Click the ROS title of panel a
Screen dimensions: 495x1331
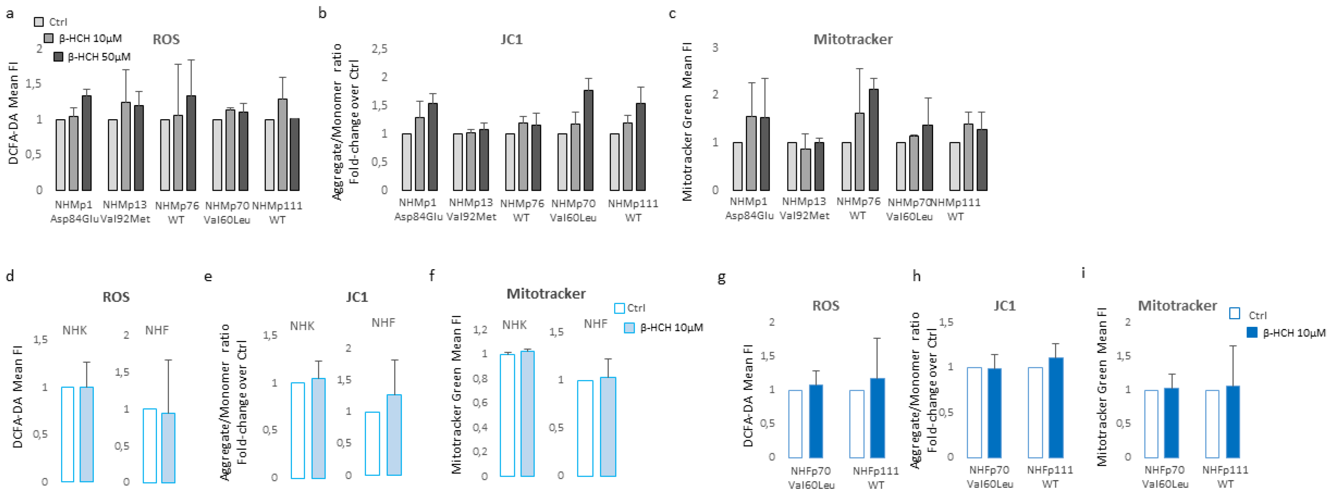coord(166,39)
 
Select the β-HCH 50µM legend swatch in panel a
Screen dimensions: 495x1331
coord(59,57)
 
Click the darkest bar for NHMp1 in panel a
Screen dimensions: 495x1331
coord(87,143)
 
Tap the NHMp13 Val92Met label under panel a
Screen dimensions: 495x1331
coord(125,212)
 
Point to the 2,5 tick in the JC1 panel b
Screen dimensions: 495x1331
coord(379,49)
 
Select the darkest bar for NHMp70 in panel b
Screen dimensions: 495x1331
coord(588,140)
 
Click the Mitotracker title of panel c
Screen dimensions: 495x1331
coord(853,39)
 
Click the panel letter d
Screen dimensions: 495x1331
coord(10,276)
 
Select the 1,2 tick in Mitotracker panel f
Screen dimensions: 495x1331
coord(480,330)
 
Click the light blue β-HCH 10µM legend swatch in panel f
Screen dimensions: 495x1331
coord(629,328)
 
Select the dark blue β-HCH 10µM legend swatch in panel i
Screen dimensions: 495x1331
coord(1251,333)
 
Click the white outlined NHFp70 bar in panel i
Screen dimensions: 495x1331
coord(1151,424)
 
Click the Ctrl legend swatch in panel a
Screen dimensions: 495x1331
coord(39,22)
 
